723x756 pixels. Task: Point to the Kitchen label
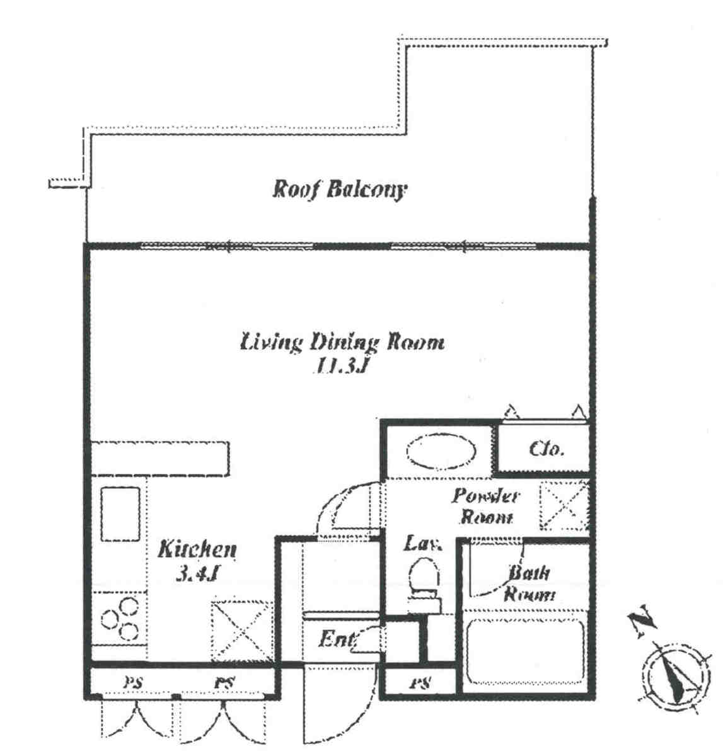(197, 549)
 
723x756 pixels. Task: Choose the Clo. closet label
(546, 450)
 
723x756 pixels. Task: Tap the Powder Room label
(485, 507)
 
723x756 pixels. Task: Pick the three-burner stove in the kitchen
(120, 619)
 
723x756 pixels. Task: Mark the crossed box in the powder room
(564, 507)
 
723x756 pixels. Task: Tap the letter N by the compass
(641, 621)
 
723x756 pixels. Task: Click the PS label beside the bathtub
(420, 682)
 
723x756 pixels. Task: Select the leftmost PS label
(132, 682)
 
